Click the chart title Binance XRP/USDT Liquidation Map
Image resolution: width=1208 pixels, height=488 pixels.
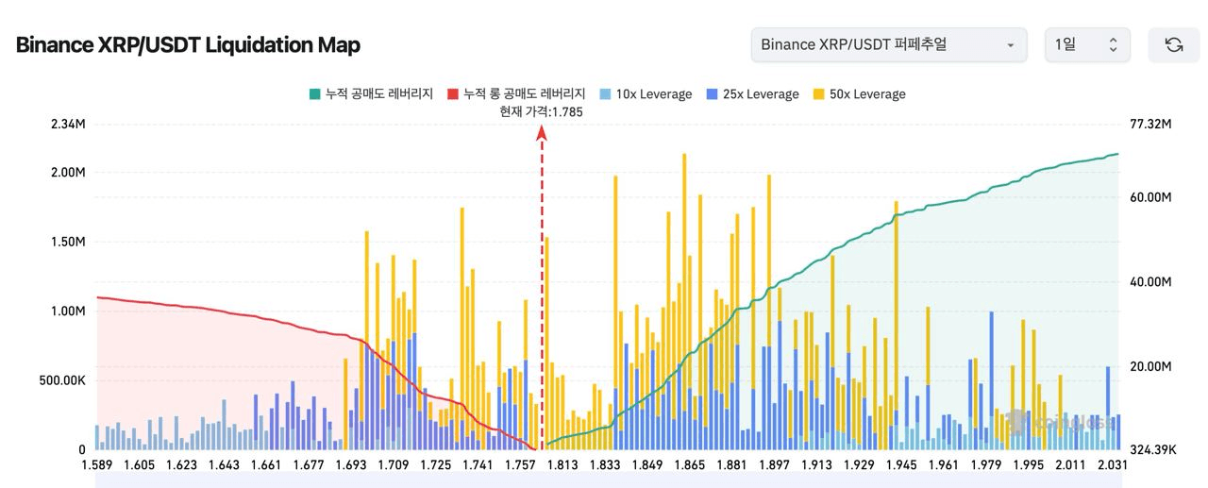(188, 44)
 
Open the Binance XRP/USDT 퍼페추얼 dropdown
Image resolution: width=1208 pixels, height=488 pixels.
(888, 44)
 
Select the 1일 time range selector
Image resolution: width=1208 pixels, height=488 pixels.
(1086, 44)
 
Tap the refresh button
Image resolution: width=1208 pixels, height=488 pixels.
(1173, 44)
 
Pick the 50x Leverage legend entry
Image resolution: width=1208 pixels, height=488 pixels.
(859, 94)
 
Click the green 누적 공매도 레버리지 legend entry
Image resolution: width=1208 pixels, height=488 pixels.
(370, 94)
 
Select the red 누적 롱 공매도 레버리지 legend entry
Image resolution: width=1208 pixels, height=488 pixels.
(516, 94)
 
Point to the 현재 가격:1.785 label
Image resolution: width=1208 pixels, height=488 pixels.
(542, 111)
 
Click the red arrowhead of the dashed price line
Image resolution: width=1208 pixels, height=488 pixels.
(542, 133)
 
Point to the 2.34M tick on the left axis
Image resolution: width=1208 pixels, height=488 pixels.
(68, 125)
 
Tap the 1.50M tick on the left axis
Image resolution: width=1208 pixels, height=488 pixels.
(68, 242)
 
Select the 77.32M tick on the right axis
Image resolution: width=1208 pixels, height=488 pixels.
(1149, 125)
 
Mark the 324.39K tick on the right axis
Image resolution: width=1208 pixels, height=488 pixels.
(1152, 450)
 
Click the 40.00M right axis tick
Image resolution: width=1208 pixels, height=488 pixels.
(1149, 282)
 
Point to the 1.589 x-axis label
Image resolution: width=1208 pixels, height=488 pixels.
(97, 464)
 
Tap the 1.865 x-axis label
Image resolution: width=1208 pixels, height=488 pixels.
(689, 464)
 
